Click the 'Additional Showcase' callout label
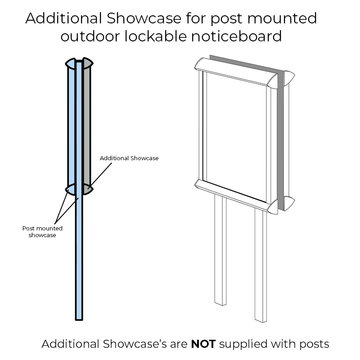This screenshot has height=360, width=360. pyautogui.click(x=129, y=158)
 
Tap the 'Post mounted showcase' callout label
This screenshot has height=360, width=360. pyautogui.click(x=42, y=231)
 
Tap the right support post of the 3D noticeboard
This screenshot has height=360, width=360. pyautogui.click(x=260, y=270)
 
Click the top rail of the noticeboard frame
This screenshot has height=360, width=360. pyautogui.click(x=234, y=72)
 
